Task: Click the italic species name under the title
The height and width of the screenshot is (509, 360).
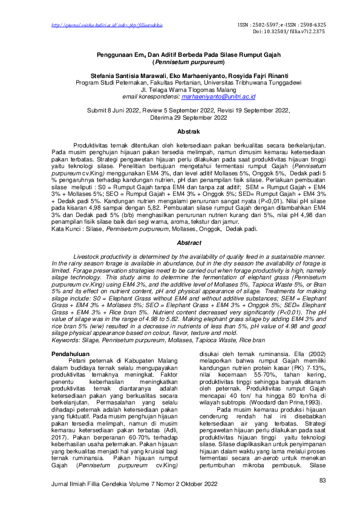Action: [180, 62]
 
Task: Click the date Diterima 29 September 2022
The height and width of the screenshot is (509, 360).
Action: [180, 118]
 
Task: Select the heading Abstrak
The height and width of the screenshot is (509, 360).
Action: [180, 131]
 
